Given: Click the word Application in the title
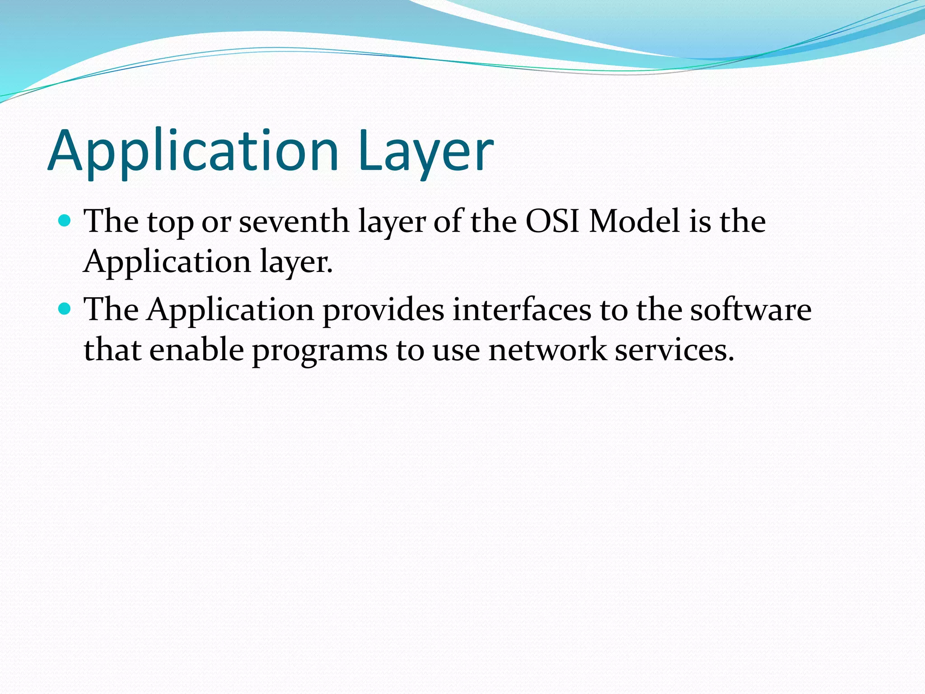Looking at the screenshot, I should click(193, 151).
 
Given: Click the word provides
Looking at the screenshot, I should click(383, 310).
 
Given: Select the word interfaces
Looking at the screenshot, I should click(522, 310).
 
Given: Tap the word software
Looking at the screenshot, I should click(750, 310).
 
